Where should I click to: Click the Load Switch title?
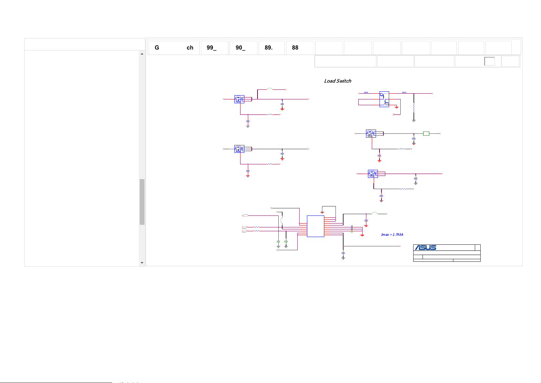tap(337, 81)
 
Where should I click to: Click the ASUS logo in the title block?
tap(425, 248)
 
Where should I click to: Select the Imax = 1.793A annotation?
tap(392, 235)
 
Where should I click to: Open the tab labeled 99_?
tap(214, 48)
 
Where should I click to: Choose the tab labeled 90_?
tap(243, 48)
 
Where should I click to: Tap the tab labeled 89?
tap(272, 48)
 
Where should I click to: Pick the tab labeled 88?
tap(299, 48)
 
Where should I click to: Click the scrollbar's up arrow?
tap(142, 54)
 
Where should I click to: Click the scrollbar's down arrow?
tap(142, 263)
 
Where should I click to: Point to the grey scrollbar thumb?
tap(142, 202)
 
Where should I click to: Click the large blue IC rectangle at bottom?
tap(315, 226)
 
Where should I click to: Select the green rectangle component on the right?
tap(426, 133)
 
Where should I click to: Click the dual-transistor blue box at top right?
tap(384, 99)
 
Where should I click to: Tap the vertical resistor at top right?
tap(414, 107)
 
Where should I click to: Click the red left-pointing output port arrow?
tap(245, 215)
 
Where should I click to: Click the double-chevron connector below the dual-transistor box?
tap(394, 114)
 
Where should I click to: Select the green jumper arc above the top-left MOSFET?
tap(270, 89)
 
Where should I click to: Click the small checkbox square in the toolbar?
tap(489, 61)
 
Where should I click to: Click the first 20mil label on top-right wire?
tap(366, 92)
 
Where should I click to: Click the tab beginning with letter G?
tap(174, 48)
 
